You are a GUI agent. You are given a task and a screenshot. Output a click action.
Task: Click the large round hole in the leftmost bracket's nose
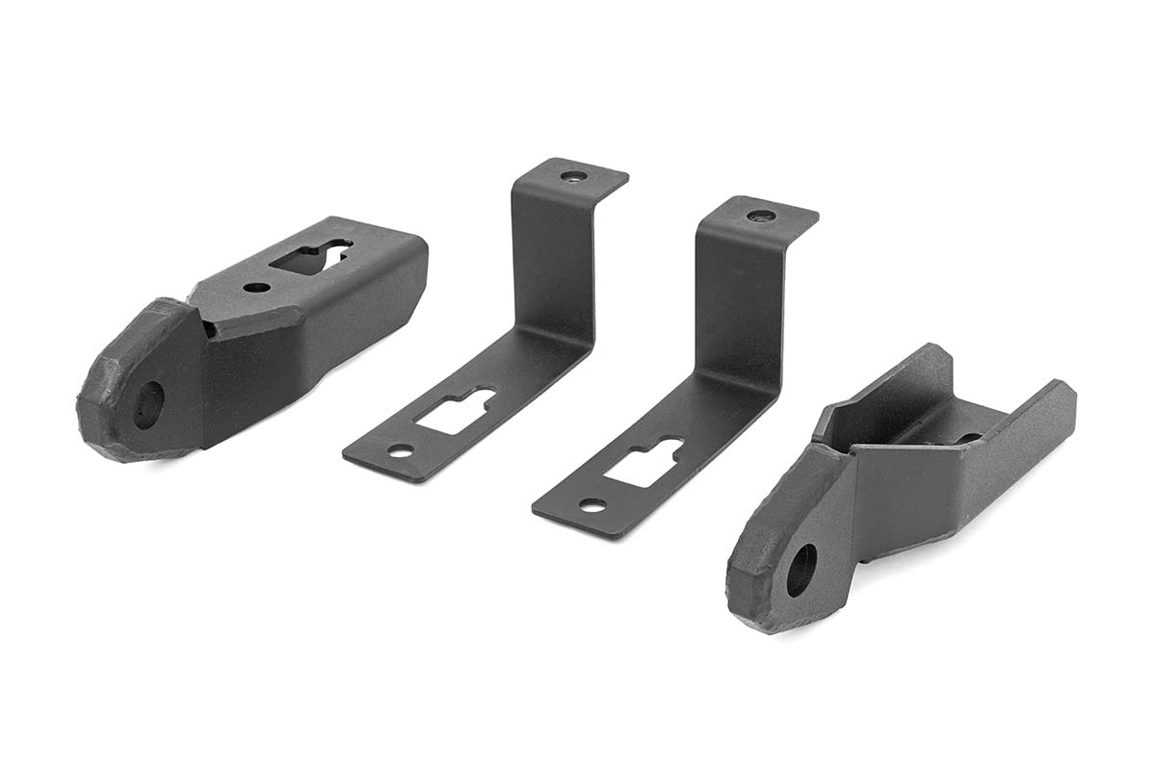click(147, 403)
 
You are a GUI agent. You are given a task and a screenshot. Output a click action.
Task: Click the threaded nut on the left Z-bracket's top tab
click(572, 177)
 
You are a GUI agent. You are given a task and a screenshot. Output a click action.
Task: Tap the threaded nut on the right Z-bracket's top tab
click(761, 216)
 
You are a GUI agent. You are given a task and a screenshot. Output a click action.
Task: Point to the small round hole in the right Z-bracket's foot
click(591, 504)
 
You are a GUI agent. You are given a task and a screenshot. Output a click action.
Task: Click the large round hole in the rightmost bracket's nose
click(801, 569)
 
